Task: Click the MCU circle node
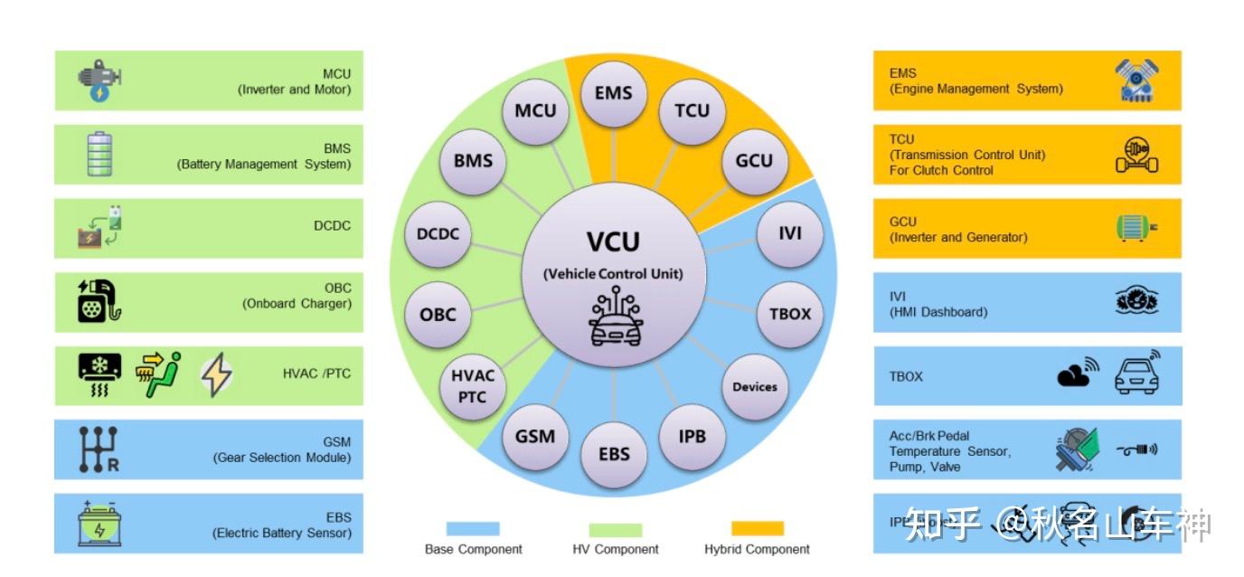point(536,111)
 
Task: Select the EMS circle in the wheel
point(614,93)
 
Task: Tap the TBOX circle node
point(789,314)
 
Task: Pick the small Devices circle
point(755,386)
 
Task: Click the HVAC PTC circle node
point(472,387)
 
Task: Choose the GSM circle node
point(535,435)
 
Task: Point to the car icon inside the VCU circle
point(614,322)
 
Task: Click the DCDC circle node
point(438,233)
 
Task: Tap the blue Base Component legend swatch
point(472,529)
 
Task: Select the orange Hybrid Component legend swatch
point(757,529)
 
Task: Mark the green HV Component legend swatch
point(615,530)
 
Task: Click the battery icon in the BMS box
point(99,154)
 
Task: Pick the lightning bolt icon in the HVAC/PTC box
point(215,375)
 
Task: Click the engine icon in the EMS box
point(1136,80)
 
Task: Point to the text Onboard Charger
point(297,304)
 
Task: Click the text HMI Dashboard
point(938,312)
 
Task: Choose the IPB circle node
point(692,436)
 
